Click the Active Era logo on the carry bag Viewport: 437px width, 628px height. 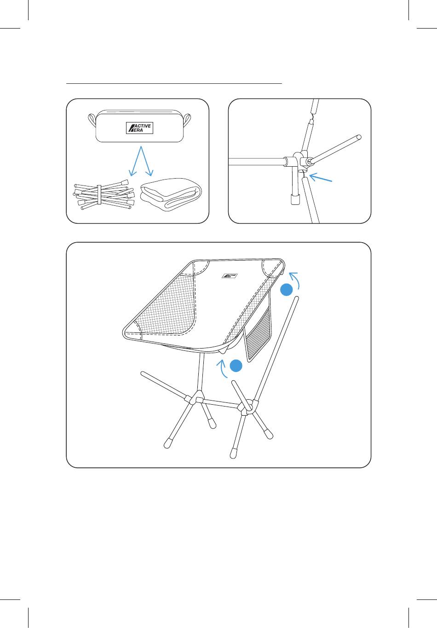tap(139, 128)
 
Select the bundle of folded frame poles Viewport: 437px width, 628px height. tap(103, 195)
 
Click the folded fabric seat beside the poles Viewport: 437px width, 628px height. tap(171, 194)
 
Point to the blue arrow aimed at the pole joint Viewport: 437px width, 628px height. tap(321, 178)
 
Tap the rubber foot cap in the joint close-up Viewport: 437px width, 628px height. tap(294, 200)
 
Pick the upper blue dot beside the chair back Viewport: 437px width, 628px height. tap(286, 290)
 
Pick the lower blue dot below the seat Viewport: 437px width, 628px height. tap(236, 366)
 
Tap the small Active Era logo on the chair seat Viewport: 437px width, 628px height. tap(230, 276)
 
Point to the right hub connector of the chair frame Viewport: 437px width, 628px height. tap(247, 408)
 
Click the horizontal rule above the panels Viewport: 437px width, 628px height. tap(174, 83)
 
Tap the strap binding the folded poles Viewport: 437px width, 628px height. tap(99, 195)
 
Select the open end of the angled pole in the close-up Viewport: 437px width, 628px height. tap(358, 137)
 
